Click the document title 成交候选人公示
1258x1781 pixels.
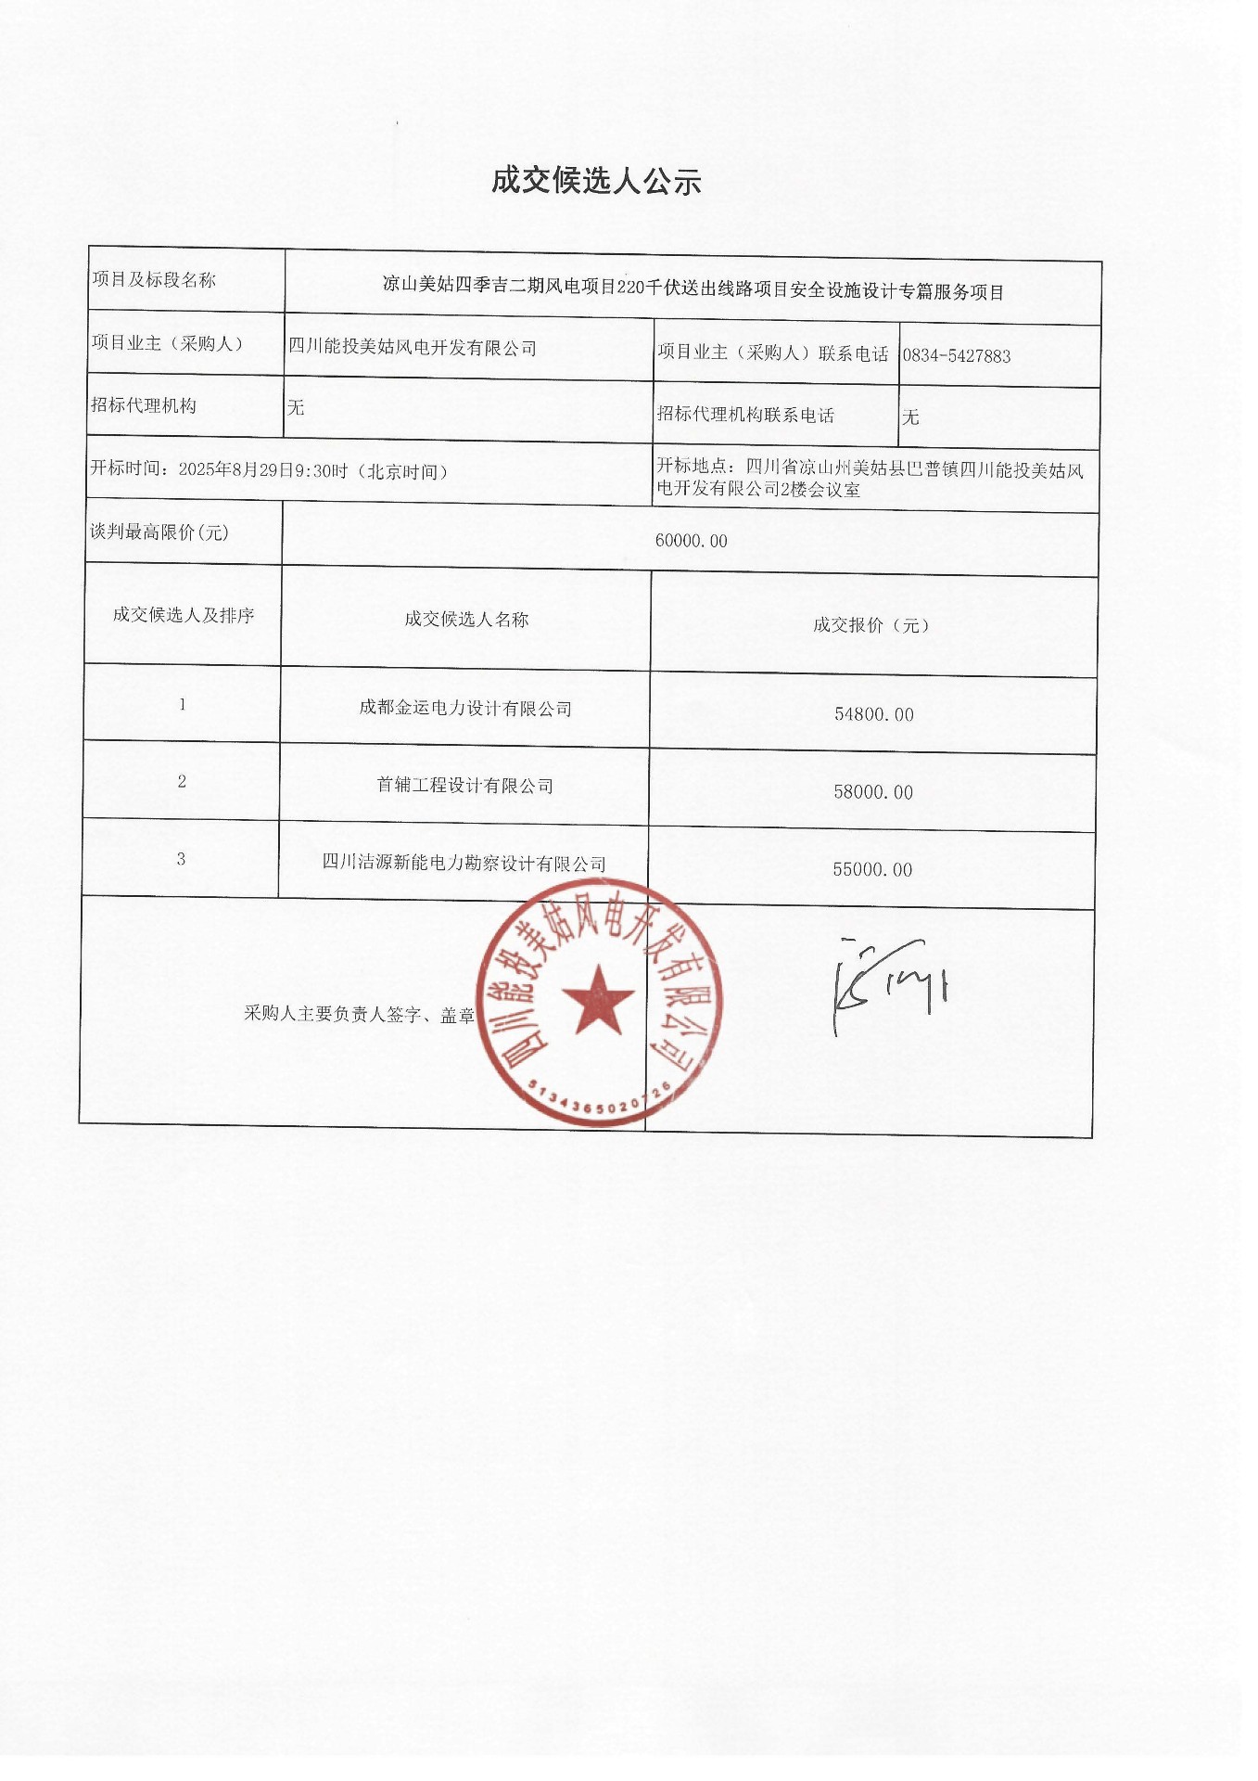pyautogui.click(x=596, y=181)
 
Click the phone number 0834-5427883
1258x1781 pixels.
pyautogui.click(x=956, y=355)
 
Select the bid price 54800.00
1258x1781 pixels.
pyautogui.click(x=873, y=714)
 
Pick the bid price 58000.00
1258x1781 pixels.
pyautogui.click(x=872, y=792)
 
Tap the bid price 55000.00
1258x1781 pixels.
pyautogui.click(x=871, y=869)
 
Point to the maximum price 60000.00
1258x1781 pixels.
pyautogui.click(x=691, y=541)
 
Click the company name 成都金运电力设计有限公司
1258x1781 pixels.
pyautogui.click(x=465, y=708)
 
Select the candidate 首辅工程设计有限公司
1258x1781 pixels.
pyautogui.click(x=464, y=786)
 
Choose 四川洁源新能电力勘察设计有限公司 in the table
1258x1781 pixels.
pyautogui.click(x=464, y=863)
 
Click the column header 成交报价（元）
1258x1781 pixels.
pyautogui.click(x=871, y=625)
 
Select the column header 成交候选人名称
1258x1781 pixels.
pyautogui.click(x=466, y=620)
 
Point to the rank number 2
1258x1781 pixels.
pyautogui.click(x=182, y=782)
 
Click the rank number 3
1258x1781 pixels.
pyautogui.click(x=181, y=859)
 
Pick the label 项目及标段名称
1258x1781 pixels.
pyautogui.click(x=154, y=280)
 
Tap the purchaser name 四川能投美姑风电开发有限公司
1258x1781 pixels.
pyautogui.click(x=413, y=348)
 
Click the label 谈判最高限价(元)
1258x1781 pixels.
pyautogui.click(x=159, y=532)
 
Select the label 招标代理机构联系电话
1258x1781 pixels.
pyautogui.click(x=745, y=415)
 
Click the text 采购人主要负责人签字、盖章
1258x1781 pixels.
pyautogui.click(x=359, y=1014)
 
